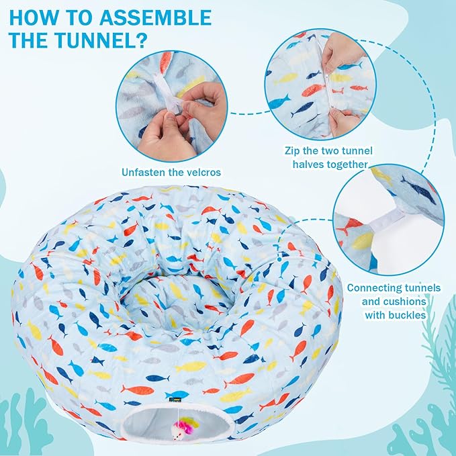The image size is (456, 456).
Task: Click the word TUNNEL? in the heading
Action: click(101, 40)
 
